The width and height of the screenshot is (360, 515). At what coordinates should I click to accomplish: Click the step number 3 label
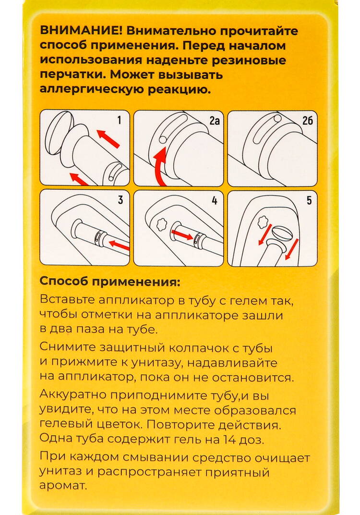click(x=120, y=200)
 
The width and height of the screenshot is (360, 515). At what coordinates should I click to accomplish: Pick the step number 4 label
click(x=214, y=200)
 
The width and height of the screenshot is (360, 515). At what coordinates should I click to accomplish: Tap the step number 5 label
click(x=308, y=200)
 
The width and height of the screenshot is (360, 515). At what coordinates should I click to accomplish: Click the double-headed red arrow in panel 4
click(x=182, y=235)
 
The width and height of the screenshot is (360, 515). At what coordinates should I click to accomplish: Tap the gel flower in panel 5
click(x=262, y=221)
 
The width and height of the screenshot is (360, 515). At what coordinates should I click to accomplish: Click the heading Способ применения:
click(x=110, y=281)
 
